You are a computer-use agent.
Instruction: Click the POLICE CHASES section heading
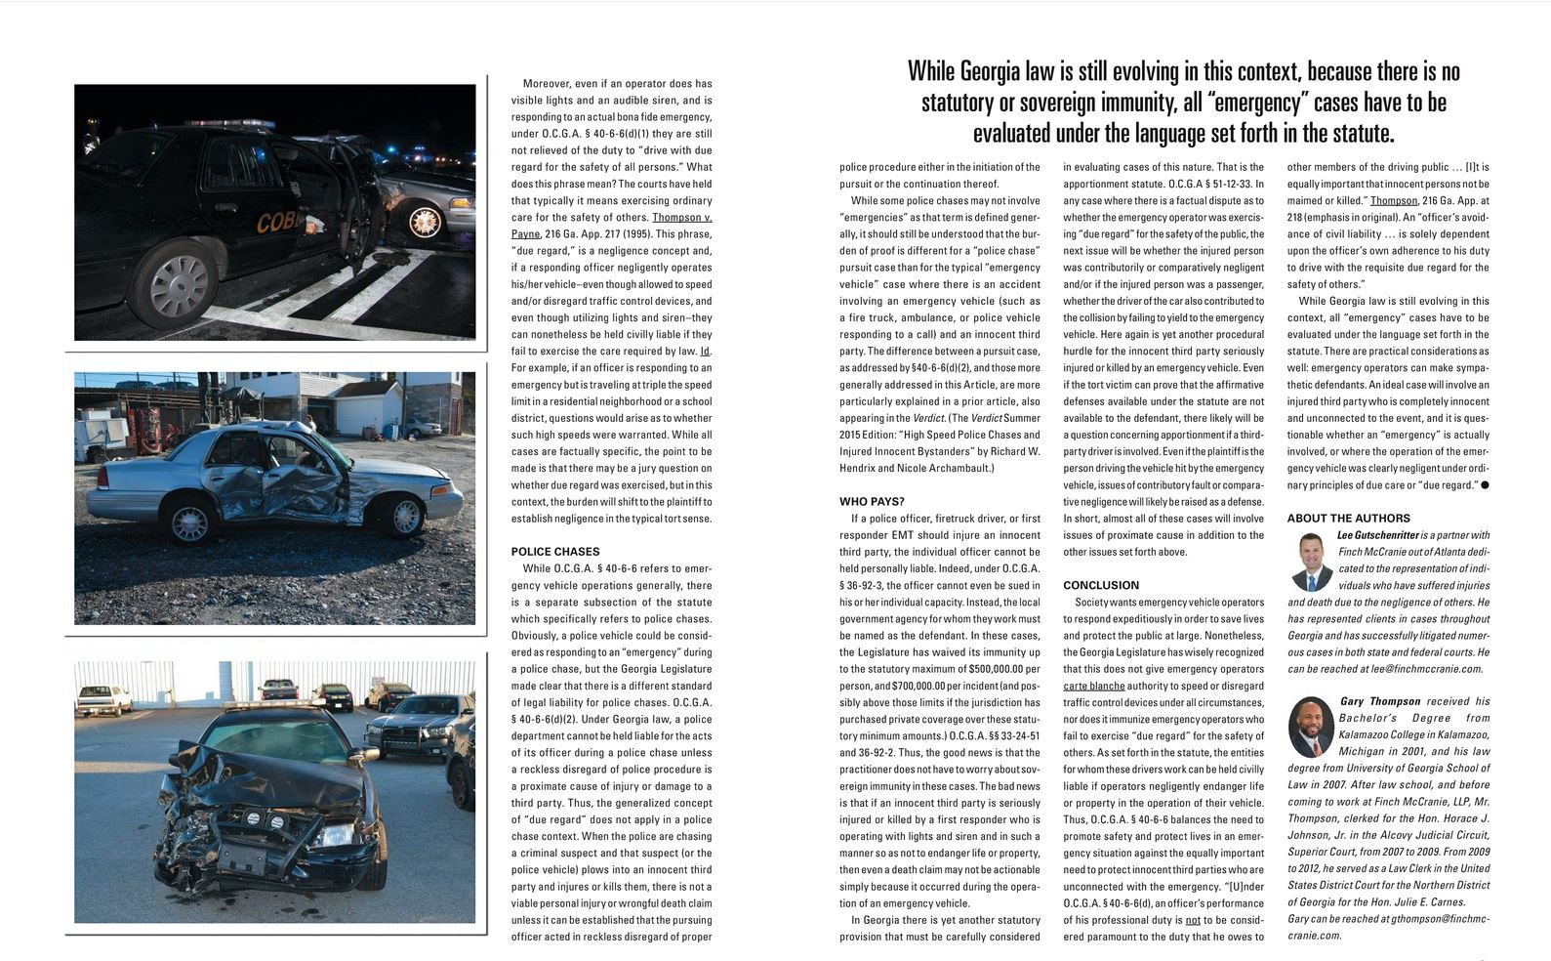[x=555, y=552]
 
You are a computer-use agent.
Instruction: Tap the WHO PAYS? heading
[x=872, y=502]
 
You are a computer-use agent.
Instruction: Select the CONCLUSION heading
[x=1101, y=585]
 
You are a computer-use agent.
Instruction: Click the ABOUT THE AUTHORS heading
[x=1348, y=519]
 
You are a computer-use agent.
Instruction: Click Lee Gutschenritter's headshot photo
[x=1311, y=561]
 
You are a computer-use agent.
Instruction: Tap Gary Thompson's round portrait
[x=1311, y=728]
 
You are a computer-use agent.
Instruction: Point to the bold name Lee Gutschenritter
[x=1377, y=535]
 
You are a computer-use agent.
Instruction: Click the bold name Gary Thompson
[x=1380, y=701]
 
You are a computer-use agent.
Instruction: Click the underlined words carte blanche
[x=1093, y=686]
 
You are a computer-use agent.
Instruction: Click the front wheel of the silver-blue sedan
[x=404, y=515]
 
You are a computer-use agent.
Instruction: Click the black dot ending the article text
[x=1485, y=485]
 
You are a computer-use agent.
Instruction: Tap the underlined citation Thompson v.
[x=681, y=218]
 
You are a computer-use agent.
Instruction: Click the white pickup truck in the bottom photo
[x=103, y=698]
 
